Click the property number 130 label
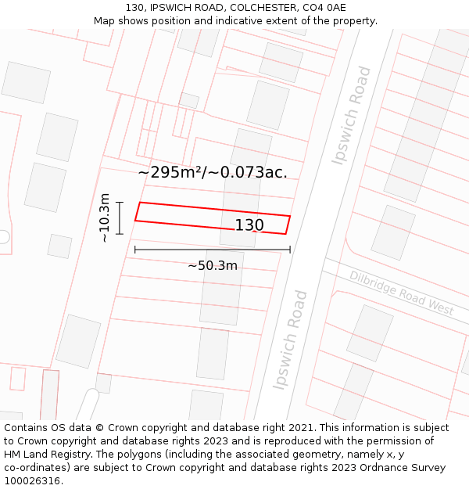click(x=249, y=225)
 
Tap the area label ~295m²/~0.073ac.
click(x=213, y=172)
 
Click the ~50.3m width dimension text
click(x=212, y=265)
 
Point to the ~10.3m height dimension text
click(x=104, y=218)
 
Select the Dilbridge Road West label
click(x=401, y=293)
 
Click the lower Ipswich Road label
click(x=290, y=340)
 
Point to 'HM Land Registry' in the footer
click(x=43, y=455)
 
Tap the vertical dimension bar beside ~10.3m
click(x=120, y=218)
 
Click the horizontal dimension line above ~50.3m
click(x=212, y=250)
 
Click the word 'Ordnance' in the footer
click(x=377, y=468)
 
